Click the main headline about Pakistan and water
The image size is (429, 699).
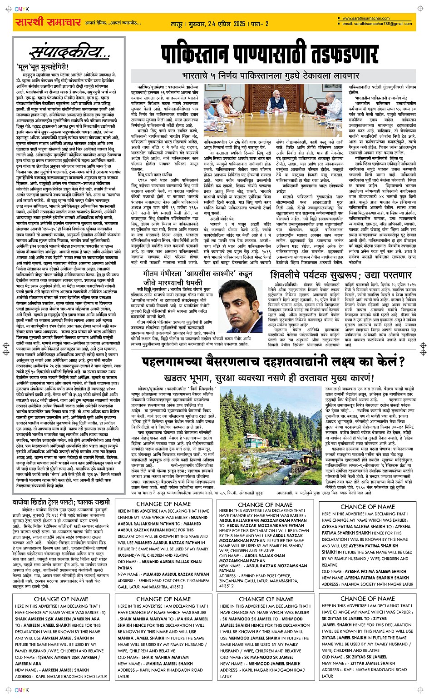(x=270, y=55)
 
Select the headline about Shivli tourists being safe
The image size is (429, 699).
(x=340, y=275)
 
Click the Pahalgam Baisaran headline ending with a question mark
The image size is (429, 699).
(x=272, y=362)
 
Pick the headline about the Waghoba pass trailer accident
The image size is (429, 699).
(x=68, y=502)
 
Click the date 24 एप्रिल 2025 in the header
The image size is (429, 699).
(x=224, y=24)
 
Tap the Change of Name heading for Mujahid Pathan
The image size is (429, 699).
(x=163, y=504)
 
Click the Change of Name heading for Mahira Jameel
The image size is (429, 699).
(x=163, y=599)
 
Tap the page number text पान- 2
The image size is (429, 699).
(x=260, y=24)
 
